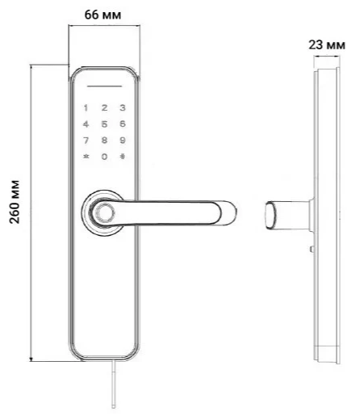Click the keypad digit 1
click(86, 107)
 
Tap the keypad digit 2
click(103, 107)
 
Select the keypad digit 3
click(122, 107)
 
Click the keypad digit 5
click(103, 124)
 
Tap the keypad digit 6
click(122, 124)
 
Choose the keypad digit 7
click(86, 140)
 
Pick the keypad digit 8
click(103, 140)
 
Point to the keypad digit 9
click(122, 140)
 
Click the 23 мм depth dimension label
click(327, 45)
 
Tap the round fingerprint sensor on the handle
click(103, 213)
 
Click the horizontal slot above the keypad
click(103, 86)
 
